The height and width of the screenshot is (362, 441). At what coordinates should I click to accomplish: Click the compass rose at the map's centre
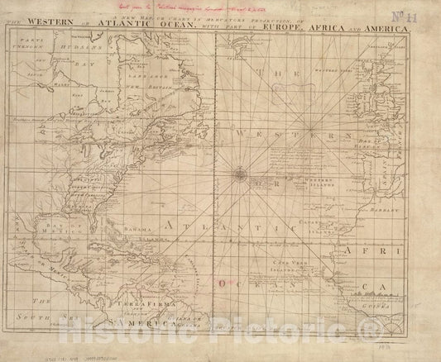238,174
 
